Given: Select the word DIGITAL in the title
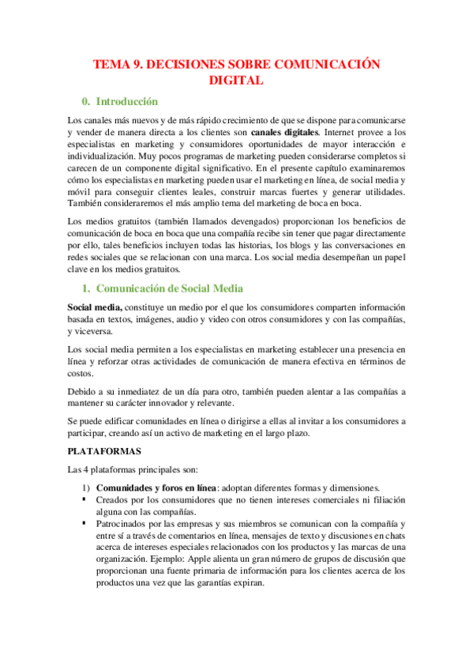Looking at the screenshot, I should point(236,81).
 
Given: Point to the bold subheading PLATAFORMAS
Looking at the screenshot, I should point(103,451).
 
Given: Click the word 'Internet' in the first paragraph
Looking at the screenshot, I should point(345,132).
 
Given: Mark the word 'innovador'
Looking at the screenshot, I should point(185,404).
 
